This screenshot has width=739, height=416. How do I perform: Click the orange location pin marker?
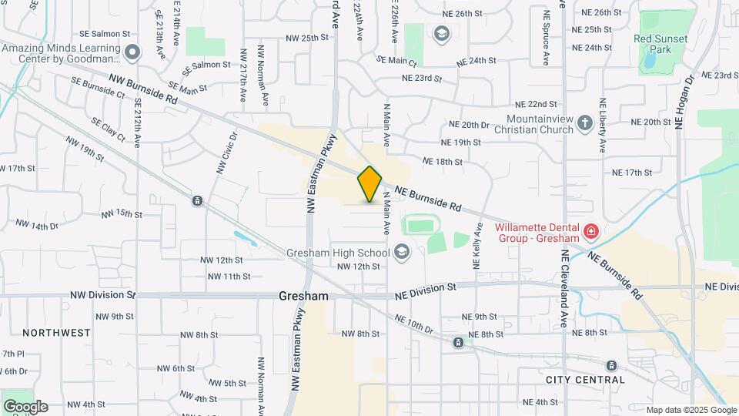[369, 184]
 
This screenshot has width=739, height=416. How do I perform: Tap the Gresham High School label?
[338, 252]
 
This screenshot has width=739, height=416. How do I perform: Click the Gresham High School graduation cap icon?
[401, 252]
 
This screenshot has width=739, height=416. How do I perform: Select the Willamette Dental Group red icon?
[590, 231]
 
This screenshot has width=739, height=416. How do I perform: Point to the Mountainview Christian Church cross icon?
[585, 123]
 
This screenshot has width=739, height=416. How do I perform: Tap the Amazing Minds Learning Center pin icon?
[132, 52]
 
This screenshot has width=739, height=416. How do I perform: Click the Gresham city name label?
[303, 296]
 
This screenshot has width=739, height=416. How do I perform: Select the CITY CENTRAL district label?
[585, 380]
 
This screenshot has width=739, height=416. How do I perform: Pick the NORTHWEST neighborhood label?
[56, 333]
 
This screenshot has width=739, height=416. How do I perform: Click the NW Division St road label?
[102, 294]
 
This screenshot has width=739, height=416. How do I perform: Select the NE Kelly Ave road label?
[477, 245]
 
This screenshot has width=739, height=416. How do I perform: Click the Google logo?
[25, 407]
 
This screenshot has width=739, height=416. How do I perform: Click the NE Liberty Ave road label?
[603, 116]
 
